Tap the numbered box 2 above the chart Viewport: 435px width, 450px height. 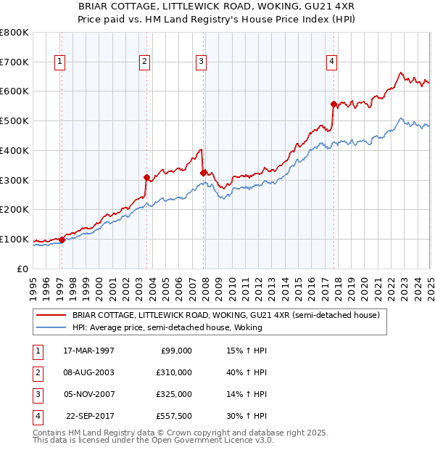(x=145, y=62)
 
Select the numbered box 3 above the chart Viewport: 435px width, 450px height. (x=201, y=62)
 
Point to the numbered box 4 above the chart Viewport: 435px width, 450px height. (x=331, y=62)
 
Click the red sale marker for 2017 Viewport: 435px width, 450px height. (x=333, y=104)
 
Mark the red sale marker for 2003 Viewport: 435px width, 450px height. (x=146, y=176)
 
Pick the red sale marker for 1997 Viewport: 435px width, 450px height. (x=62, y=239)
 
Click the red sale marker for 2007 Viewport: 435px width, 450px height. (x=203, y=172)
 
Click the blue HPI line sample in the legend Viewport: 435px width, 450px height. (x=52, y=328)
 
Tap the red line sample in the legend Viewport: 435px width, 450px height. (x=52, y=315)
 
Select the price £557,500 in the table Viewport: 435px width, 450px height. (x=175, y=416)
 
